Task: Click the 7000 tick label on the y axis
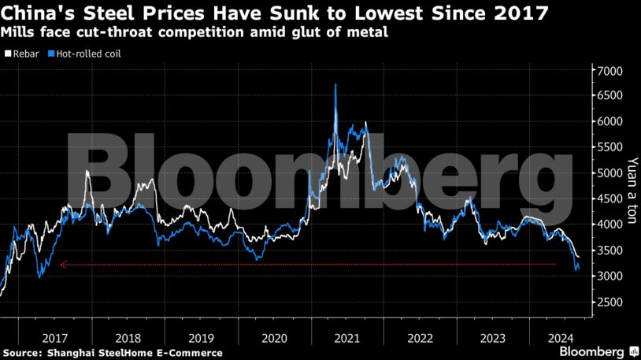pyautogui.click(x=610, y=71)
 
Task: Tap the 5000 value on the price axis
pyautogui.click(x=610, y=173)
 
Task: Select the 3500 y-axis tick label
pyautogui.click(x=610, y=251)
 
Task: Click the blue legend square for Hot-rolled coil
pyautogui.click(x=50, y=54)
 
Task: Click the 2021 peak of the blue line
pyautogui.click(x=336, y=84)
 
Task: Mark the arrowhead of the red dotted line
pyautogui.click(x=62, y=265)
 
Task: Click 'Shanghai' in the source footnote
pyautogui.click(x=77, y=352)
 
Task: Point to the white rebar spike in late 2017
pyautogui.click(x=87, y=171)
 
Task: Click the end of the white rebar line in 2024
pyautogui.click(x=579, y=257)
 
